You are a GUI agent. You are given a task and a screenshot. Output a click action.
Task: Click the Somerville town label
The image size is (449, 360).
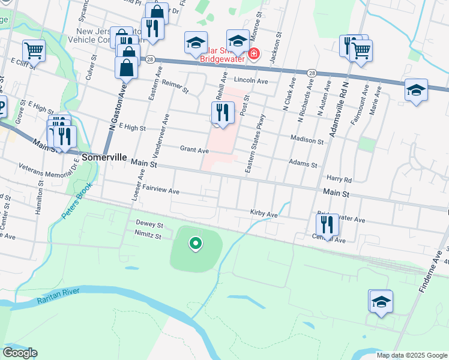pos(104,157)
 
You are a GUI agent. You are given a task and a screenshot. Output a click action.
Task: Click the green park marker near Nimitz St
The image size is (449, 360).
pos(195,244)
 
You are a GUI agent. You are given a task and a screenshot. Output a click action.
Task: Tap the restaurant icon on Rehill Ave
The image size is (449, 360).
pos(223,112)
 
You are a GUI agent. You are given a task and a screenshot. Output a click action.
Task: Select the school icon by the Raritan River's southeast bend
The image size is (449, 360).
pos(381,302)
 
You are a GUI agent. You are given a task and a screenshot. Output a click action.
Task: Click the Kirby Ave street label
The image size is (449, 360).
pos(264,214)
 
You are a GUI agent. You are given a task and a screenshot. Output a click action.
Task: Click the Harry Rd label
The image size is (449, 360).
pos(339,178)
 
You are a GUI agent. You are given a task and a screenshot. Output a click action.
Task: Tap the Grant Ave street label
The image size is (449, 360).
pos(194,149)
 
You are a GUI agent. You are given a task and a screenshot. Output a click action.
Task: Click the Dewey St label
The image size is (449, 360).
pos(149,225)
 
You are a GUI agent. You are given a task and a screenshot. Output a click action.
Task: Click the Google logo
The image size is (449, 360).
pos(20,353)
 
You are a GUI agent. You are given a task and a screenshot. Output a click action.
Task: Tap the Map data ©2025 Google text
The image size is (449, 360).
pos(412,355)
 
